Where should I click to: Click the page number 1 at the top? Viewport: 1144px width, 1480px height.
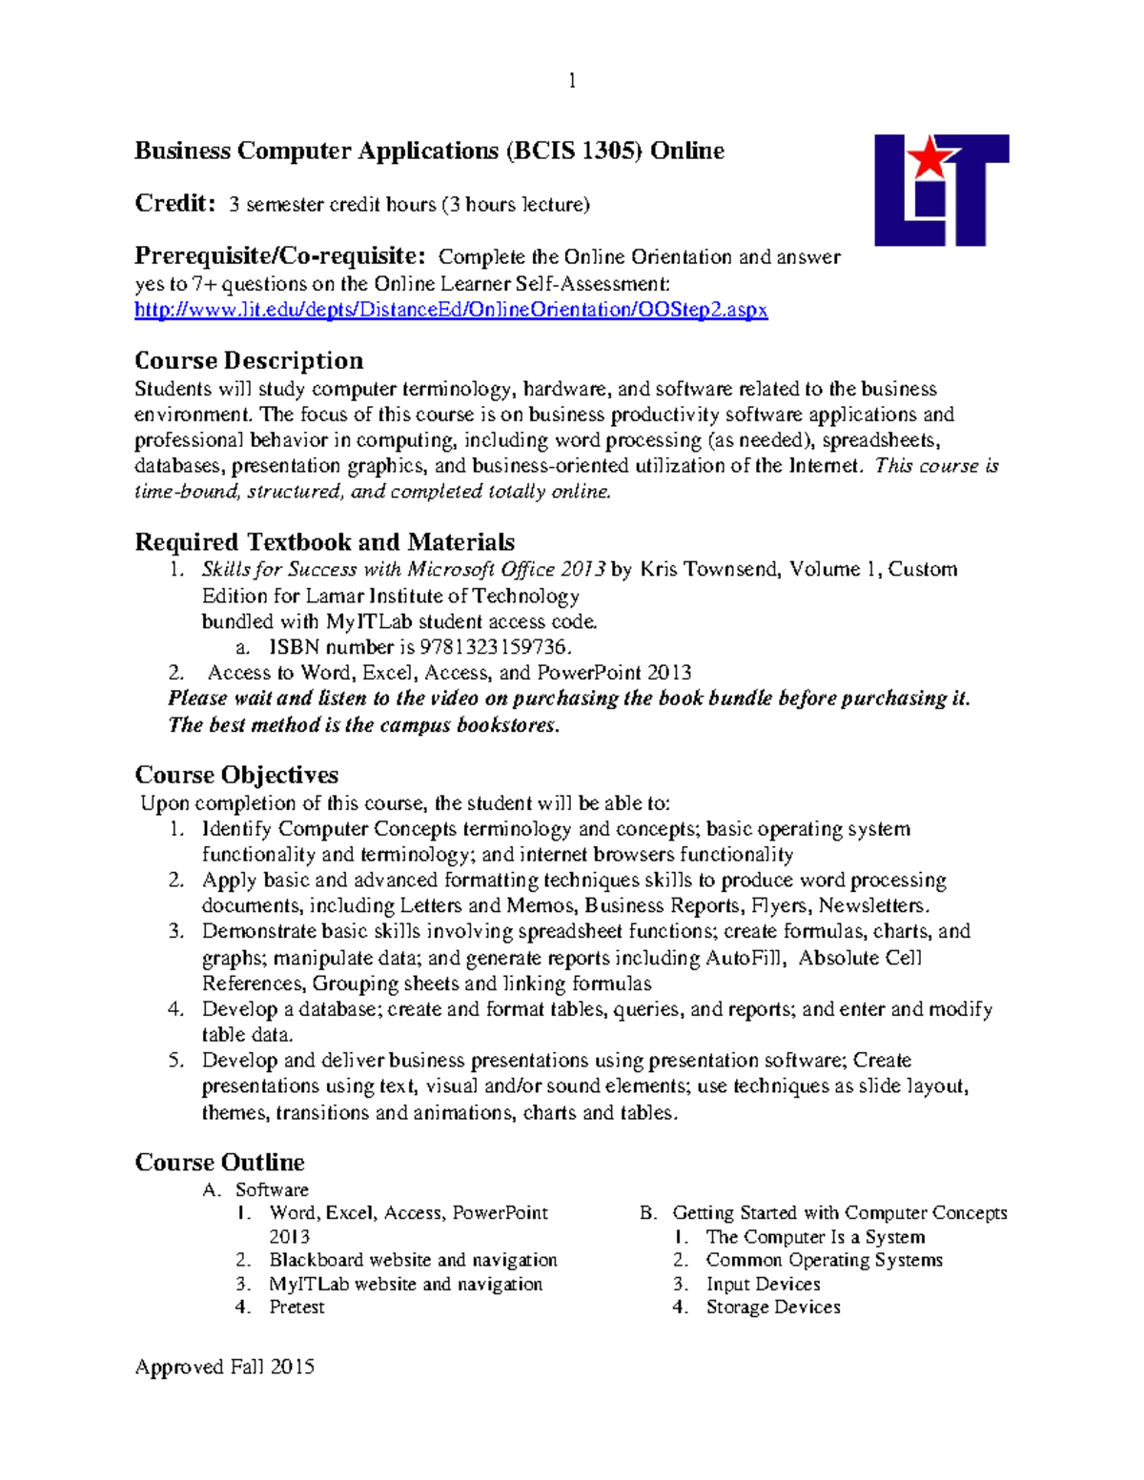pyautogui.click(x=572, y=81)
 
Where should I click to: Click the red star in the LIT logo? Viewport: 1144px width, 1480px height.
pyautogui.click(x=929, y=157)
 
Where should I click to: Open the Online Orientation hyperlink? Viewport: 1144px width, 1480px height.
pyautogui.click(x=451, y=310)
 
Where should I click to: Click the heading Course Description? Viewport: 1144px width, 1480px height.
pyautogui.click(x=249, y=360)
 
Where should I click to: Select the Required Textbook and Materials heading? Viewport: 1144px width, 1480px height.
pyautogui.click(x=324, y=542)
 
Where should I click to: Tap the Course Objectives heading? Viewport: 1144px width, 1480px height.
pyautogui.click(x=236, y=775)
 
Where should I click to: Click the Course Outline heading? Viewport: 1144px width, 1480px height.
pyautogui.click(x=219, y=1162)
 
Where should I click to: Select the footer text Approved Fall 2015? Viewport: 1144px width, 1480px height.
pyautogui.click(x=225, y=1367)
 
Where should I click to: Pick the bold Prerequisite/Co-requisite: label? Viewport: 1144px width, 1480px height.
pyautogui.click(x=279, y=255)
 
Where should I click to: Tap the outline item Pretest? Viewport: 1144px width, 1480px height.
pyautogui.click(x=296, y=1308)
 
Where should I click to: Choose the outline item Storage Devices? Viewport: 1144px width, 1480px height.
pyautogui.click(x=773, y=1308)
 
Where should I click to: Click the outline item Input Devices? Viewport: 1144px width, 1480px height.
pyautogui.click(x=763, y=1284)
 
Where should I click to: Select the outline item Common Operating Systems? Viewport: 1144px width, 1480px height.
pyautogui.click(x=824, y=1260)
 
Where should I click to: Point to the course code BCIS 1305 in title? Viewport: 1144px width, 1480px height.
pyautogui.click(x=573, y=151)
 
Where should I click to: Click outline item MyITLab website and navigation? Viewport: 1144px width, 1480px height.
pyautogui.click(x=405, y=1284)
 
